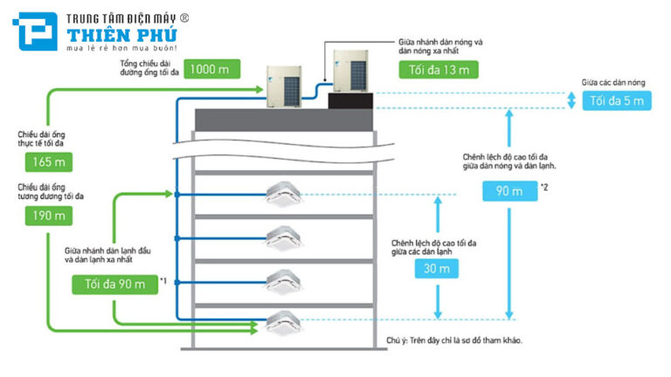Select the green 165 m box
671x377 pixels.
43,161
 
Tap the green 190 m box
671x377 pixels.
43,216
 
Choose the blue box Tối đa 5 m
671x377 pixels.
616,100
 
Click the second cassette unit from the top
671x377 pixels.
289,235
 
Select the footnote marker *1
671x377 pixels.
163,280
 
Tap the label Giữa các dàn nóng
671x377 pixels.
616,82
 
